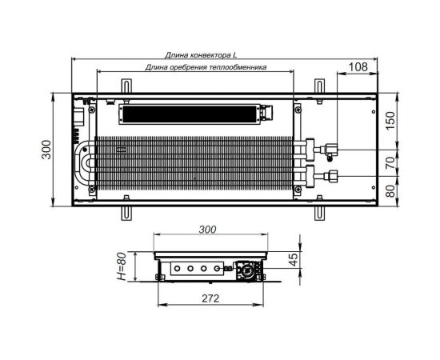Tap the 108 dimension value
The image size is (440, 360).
358,68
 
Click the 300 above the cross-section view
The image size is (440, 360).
207,230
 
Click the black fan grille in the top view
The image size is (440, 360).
188,114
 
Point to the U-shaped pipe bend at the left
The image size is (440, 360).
83,162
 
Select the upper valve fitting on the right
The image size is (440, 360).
329,148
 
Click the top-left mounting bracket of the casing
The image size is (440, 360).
125,85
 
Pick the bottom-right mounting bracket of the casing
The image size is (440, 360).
318,213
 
